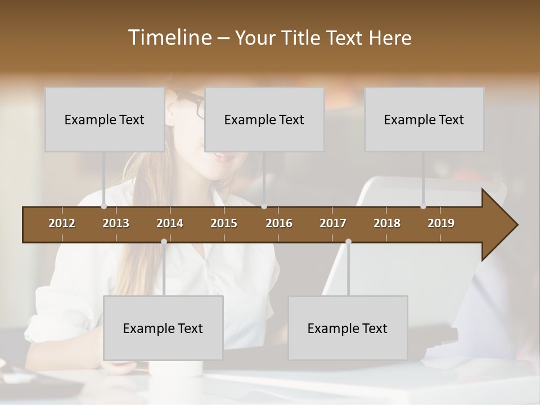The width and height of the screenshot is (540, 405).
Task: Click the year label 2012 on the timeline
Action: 62,223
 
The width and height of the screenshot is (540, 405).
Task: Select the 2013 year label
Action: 116,223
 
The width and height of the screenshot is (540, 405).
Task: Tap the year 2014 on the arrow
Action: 170,223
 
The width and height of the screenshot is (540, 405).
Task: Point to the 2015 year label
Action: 224,223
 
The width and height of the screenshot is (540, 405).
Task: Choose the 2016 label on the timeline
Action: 279,223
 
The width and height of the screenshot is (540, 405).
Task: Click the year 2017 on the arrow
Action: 333,223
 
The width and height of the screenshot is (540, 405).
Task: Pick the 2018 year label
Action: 387,223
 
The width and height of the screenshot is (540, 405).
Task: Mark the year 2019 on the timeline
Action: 441,223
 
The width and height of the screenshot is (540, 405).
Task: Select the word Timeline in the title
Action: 169,37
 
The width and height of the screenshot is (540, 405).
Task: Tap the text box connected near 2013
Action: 105,119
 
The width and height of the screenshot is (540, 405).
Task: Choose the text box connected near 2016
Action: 264,119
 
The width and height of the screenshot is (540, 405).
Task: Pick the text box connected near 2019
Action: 424,119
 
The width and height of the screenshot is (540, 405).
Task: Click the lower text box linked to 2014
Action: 163,328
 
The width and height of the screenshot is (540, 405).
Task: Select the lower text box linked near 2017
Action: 348,328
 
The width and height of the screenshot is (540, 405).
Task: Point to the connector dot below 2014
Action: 164,242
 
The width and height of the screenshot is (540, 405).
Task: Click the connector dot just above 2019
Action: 424,206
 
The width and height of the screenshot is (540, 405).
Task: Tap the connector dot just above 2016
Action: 264,206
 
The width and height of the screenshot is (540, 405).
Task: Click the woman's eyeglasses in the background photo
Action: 192,105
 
